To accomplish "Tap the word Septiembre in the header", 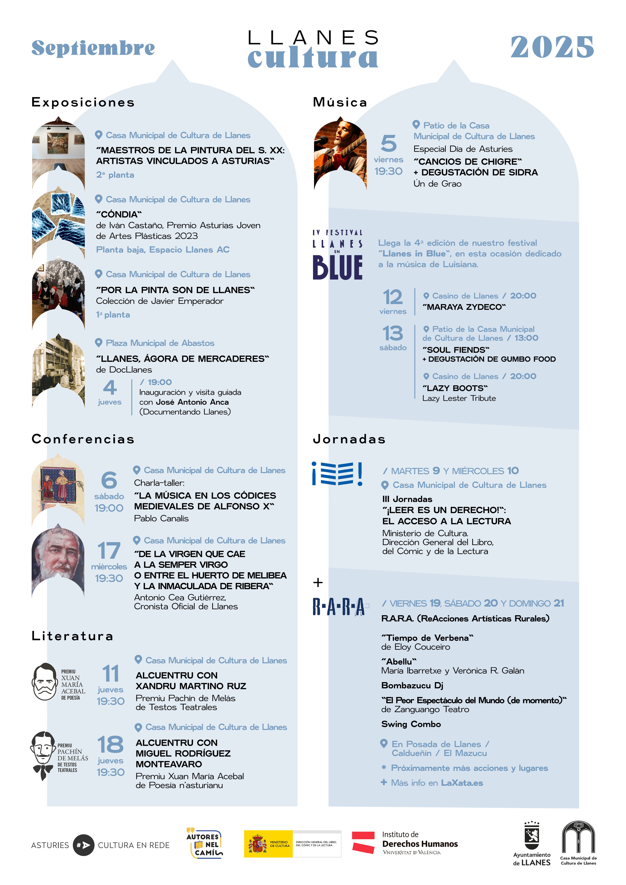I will pos(93,48).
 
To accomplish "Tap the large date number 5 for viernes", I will pos(388,143).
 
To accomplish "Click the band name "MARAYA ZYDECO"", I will pos(464,307).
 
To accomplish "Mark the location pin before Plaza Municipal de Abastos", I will pos(99,343).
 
